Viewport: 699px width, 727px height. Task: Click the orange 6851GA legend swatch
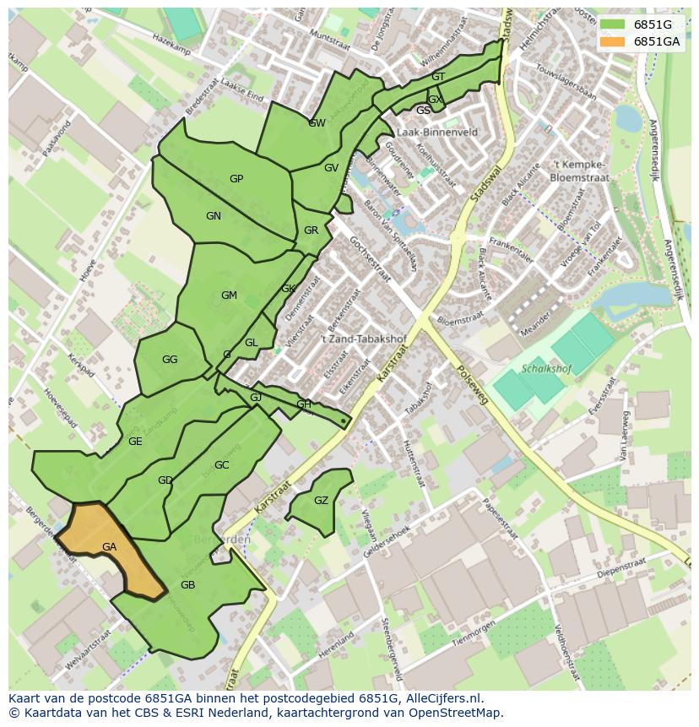coord(612,41)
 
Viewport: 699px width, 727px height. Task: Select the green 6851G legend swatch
coord(612,24)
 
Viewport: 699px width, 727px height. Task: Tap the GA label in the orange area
coord(109,547)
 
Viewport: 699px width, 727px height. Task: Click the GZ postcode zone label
coord(321,501)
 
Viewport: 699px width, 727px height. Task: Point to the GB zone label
coord(187,585)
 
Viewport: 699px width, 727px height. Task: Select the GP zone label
coord(236,179)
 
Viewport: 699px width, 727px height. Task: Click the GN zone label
coord(214,216)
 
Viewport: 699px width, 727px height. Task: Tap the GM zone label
coord(229,296)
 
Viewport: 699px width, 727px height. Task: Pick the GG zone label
coord(170,360)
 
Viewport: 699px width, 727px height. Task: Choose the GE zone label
coord(135,442)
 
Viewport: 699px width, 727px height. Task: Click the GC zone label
coord(221,465)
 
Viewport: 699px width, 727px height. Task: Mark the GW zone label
coord(317,123)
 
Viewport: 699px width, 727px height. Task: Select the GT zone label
coord(438,77)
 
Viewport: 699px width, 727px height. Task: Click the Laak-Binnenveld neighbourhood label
coord(436,133)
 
